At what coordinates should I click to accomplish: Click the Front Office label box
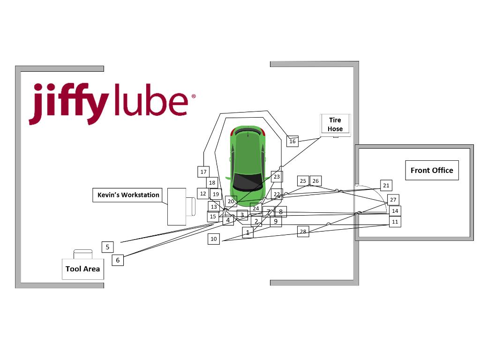coord(432,170)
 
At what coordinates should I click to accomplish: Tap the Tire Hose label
coord(335,125)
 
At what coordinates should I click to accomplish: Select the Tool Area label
coord(82,269)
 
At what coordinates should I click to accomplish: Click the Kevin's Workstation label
coord(128,195)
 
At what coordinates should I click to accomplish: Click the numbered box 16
coord(292,141)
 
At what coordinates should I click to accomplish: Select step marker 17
coord(203,172)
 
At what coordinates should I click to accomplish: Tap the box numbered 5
coord(107,247)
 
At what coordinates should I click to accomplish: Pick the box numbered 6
coord(118,260)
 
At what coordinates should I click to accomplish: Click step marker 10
coord(214,239)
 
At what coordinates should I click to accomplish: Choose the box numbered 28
coord(303,231)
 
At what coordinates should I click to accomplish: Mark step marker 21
coord(386,186)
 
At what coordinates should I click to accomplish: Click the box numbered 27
coord(393,200)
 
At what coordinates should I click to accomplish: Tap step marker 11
coord(395,222)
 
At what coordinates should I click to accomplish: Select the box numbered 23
coord(277,177)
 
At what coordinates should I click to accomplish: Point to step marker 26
coord(315,181)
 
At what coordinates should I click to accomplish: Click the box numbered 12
coord(203,193)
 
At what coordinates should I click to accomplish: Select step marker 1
coord(247,232)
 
